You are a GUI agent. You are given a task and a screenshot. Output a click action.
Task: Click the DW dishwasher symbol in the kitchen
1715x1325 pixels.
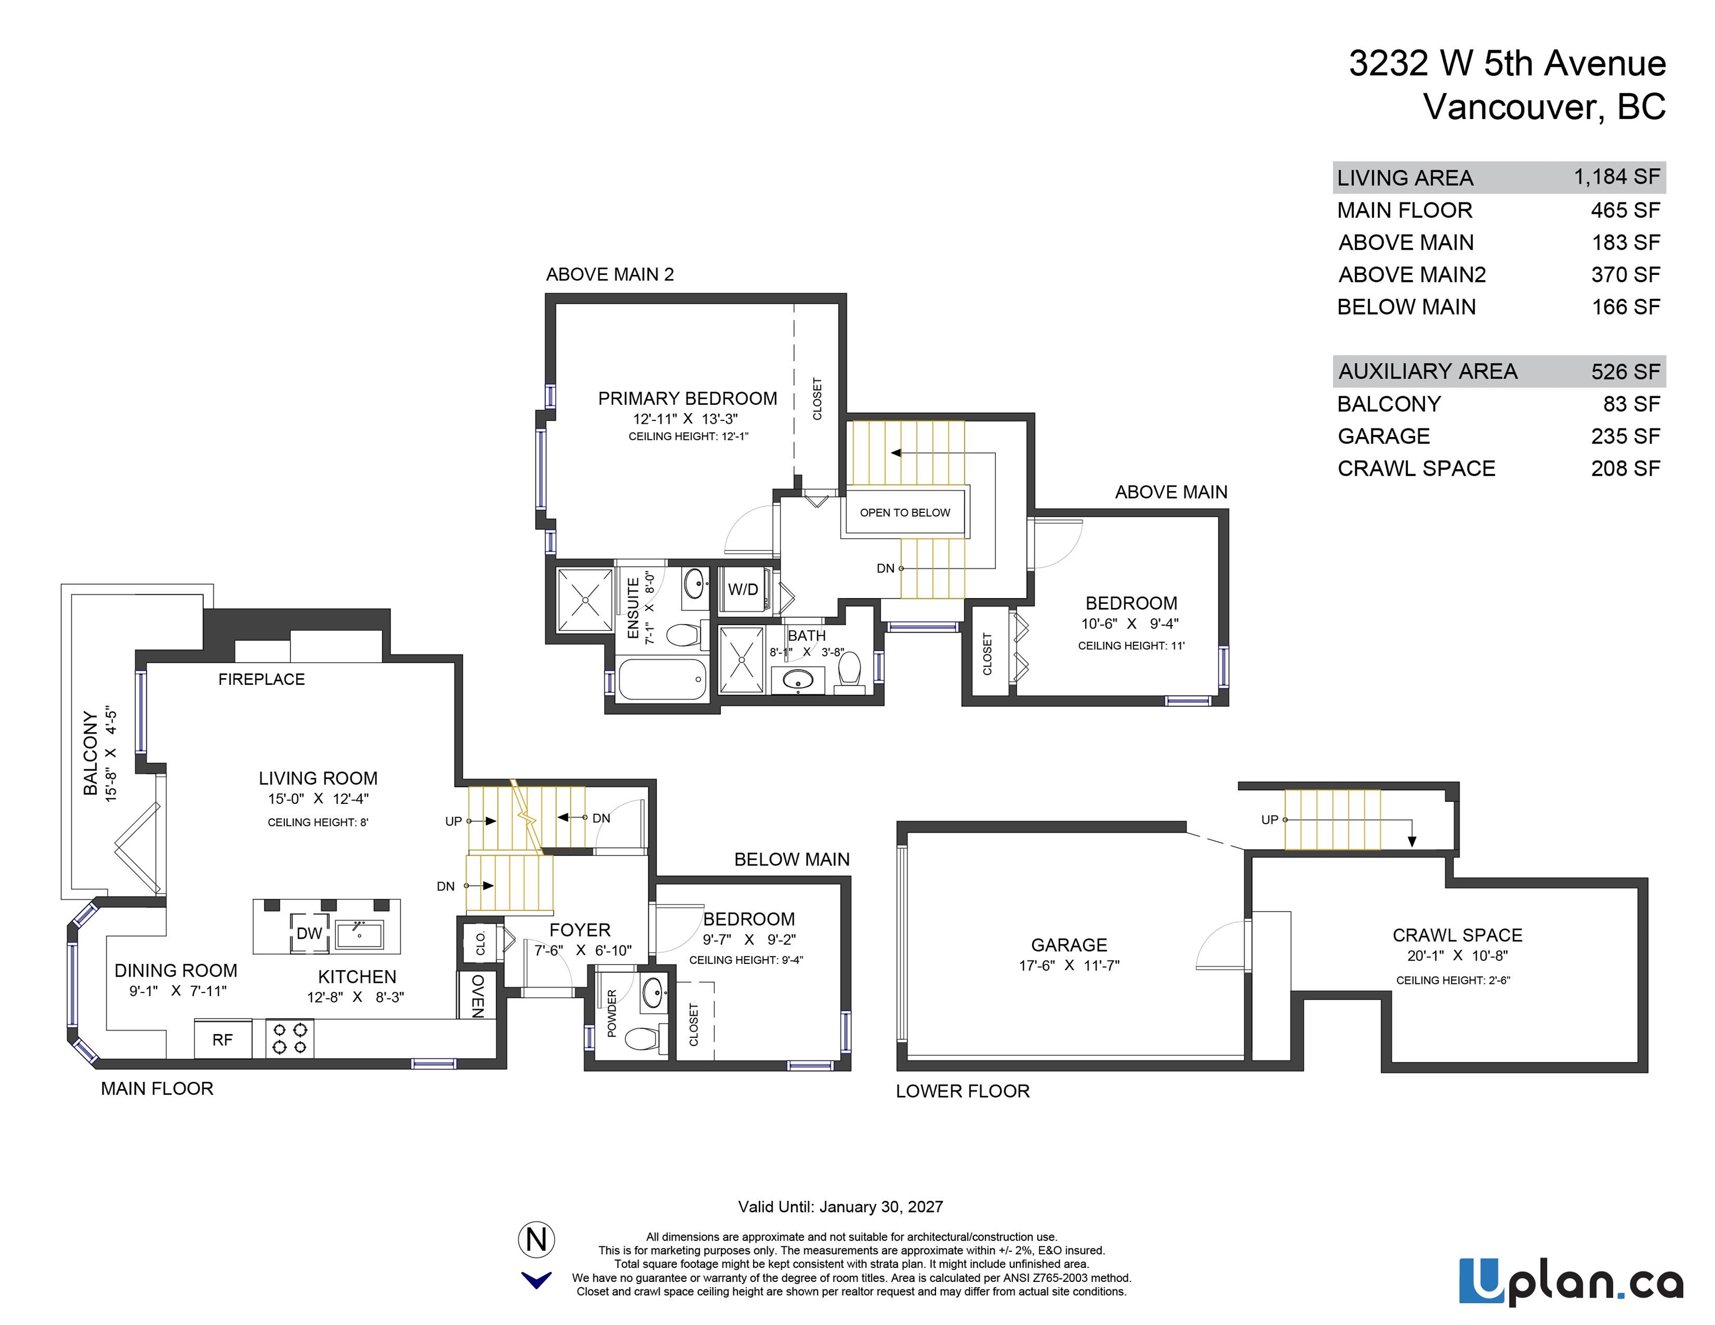tap(310, 933)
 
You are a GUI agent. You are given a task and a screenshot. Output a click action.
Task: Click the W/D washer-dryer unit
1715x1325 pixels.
tap(743, 589)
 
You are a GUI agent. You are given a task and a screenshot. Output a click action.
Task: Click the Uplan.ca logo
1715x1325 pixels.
tap(1571, 1281)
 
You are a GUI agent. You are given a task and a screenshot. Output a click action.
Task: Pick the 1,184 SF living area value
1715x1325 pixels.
tap(1617, 177)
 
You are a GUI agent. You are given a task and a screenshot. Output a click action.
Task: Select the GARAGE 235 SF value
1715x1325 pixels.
tap(1625, 436)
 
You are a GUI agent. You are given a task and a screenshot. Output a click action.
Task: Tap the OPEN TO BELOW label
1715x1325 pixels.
tap(904, 512)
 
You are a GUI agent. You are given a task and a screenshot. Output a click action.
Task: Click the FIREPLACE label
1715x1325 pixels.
tap(262, 679)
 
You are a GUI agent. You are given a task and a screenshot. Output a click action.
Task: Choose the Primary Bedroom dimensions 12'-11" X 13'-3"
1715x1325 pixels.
tap(686, 419)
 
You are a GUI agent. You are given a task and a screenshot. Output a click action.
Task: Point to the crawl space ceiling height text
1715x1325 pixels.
tap(1453, 979)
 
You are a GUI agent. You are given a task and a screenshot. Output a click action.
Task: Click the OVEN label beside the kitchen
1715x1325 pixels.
tap(478, 995)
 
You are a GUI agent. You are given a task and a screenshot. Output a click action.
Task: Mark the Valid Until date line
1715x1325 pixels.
tap(840, 1207)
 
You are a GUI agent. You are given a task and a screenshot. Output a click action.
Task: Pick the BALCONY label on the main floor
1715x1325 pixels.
tap(91, 753)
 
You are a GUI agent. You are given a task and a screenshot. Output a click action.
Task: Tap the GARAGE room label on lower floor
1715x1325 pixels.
tap(1069, 945)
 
